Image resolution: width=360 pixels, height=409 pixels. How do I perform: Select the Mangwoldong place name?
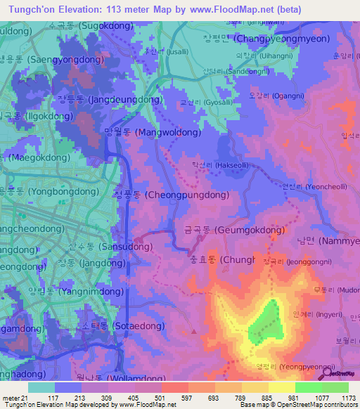[149, 131]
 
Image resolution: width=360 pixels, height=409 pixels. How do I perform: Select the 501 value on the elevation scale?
[160, 398]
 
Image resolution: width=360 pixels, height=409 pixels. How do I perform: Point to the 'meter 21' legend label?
[13, 398]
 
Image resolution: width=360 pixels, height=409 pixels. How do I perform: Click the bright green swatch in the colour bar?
[308, 387]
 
